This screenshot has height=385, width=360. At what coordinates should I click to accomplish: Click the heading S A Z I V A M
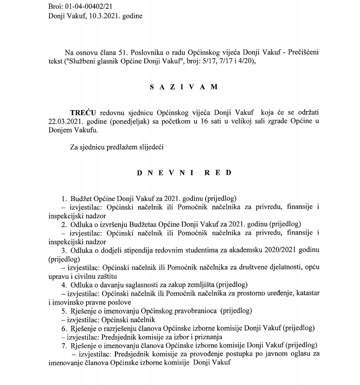coord(180,86)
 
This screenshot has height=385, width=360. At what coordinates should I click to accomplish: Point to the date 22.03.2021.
coord(65,122)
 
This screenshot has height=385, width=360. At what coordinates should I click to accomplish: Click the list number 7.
coord(64,346)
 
